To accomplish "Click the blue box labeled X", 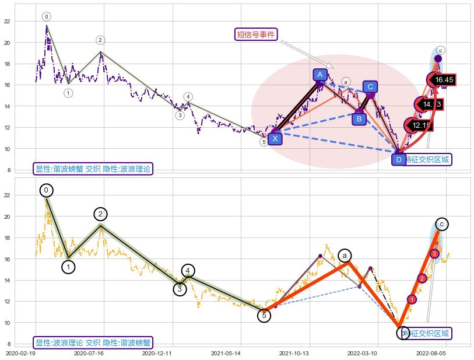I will [275, 138].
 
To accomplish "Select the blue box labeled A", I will [320, 75].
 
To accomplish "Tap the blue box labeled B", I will [359, 119].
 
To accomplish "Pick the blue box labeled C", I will [370, 87].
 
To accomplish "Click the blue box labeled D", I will [399, 159].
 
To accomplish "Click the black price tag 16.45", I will [444, 79].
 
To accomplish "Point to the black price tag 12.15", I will [420, 125].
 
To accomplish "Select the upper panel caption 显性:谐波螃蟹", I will [93, 169].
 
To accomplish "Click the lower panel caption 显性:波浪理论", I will [93, 342].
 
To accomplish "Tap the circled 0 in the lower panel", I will [47, 190].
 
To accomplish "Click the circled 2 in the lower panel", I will [100, 214].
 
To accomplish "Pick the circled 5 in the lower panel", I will [264, 316].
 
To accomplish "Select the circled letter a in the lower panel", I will [345, 256].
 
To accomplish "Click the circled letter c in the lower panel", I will [441, 224].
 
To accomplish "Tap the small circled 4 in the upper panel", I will [188, 97].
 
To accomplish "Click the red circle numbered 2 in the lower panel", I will [422, 278].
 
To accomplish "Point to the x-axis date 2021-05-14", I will [226, 353].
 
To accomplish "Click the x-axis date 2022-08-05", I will [430, 353].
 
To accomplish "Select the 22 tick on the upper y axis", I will [7, 22].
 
